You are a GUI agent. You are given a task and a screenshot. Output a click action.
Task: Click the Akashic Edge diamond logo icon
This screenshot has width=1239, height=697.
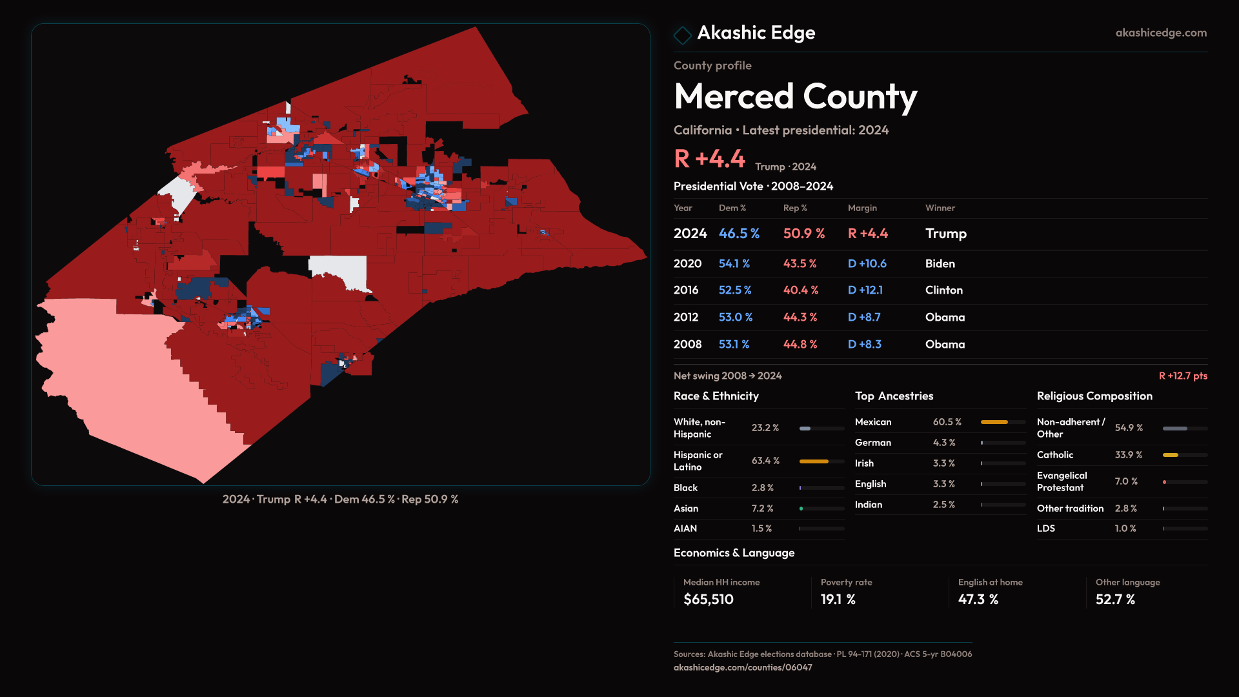tap(682, 34)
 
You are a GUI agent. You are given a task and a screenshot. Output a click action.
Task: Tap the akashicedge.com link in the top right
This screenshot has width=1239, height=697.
tap(1160, 33)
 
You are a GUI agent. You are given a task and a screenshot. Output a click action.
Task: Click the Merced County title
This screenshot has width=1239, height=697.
tap(795, 97)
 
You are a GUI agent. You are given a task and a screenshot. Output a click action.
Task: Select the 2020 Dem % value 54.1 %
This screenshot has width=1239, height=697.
tap(734, 264)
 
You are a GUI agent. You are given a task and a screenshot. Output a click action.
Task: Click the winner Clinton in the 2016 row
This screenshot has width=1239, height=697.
tap(943, 290)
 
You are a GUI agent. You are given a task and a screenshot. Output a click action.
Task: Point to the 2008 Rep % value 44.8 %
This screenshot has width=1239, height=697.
tap(800, 345)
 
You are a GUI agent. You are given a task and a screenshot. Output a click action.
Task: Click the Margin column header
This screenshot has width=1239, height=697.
tap(862, 208)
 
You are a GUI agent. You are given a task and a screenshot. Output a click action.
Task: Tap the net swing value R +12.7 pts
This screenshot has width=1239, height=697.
tap(1182, 376)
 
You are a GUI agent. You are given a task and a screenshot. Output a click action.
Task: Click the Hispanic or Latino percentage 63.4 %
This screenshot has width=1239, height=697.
tap(765, 461)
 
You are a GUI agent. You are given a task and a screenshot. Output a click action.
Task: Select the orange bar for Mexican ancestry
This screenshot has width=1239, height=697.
tap(994, 422)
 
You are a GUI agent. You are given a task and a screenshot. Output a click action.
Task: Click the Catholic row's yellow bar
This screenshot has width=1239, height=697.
tap(1170, 455)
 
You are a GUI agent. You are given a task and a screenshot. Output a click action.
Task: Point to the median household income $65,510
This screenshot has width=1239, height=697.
tap(708, 600)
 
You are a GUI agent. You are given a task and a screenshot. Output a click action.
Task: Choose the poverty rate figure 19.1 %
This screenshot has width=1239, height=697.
tap(838, 600)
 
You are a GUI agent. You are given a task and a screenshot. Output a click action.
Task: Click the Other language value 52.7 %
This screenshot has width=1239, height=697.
tap(1114, 600)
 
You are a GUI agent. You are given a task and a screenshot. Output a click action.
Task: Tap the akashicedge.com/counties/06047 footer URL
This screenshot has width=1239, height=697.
tap(742, 667)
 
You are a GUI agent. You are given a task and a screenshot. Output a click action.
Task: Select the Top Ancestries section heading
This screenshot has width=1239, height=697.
tap(894, 396)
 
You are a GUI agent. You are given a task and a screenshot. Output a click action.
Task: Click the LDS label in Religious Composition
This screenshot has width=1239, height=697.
tap(1045, 529)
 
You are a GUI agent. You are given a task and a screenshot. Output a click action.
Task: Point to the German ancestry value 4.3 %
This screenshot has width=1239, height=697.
tap(943, 443)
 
